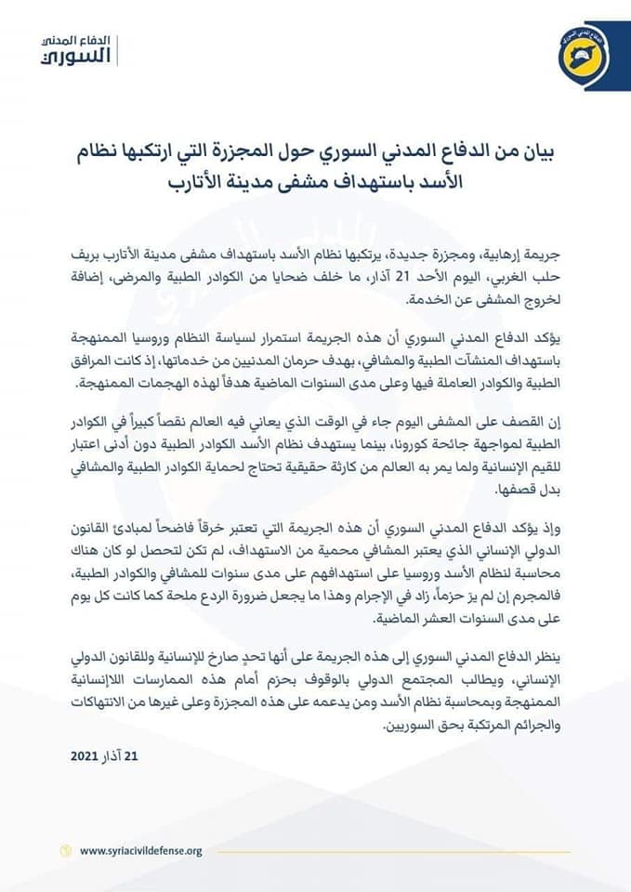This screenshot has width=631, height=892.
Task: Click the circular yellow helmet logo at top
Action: point(567,55)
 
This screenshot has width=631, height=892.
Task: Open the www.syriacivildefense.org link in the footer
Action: point(140,850)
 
